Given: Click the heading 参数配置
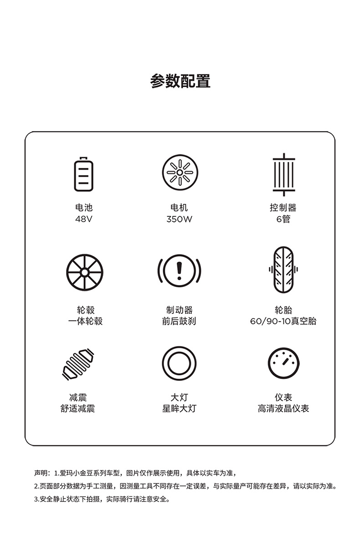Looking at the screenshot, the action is (180, 81).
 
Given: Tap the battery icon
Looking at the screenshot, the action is (84, 174).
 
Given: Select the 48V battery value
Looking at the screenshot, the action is (84, 219).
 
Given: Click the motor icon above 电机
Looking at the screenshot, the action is (180, 172).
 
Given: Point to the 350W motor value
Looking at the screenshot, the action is (179, 219).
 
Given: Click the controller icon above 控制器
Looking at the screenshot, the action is (283, 175).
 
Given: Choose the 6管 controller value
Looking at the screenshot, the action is (283, 219).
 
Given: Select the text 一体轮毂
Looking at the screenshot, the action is (85, 321).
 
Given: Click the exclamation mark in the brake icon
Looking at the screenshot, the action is (179, 271).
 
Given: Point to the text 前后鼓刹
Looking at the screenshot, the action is (179, 321).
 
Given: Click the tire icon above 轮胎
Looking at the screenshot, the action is (283, 270).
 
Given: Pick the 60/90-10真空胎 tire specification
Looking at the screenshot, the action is (283, 321).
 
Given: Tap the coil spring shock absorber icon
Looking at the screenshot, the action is (78, 364).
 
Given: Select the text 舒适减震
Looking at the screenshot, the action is (77, 409).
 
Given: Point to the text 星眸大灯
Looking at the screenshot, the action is (179, 409).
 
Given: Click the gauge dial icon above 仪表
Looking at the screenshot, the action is (283, 363).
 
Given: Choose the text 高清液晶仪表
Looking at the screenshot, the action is (283, 409).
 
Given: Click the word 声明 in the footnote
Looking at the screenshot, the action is (41, 473).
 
